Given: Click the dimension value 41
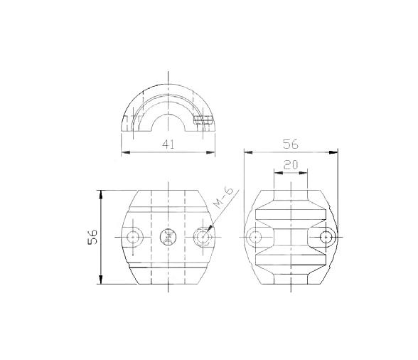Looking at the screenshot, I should point(168,144).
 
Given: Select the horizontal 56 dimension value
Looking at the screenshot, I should point(290,143).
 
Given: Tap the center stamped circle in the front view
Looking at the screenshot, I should point(168,237).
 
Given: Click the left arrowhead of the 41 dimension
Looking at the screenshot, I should point(125,152).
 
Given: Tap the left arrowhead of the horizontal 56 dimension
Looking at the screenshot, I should point(247,152).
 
